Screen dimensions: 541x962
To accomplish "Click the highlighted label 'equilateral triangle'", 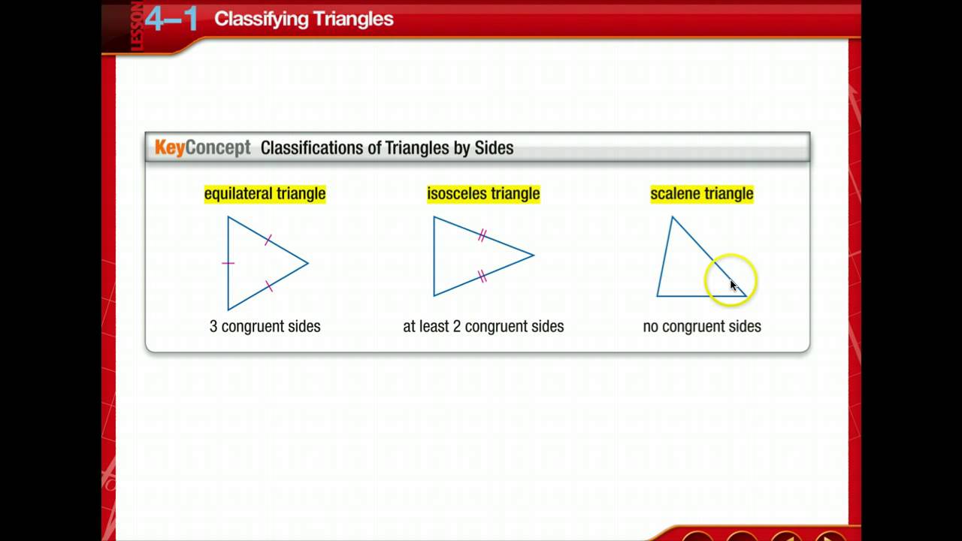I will pyautogui.click(x=265, y=194).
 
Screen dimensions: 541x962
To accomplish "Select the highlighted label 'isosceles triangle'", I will pyautogui.click(x=483, y=194).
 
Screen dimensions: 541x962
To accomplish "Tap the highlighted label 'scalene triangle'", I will pyautogui.click(x=701, y=194).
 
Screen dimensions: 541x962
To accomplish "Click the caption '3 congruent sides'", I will pyautogui.click(x=265, y=326).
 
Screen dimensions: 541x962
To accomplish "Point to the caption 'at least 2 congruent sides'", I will pyautogui.click(x=483, y=326).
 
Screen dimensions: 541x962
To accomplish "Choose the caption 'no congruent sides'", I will pyautogui.click(x=702, y=326).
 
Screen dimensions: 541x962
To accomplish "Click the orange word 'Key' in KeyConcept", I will pyautogui.click(x=169, y=147).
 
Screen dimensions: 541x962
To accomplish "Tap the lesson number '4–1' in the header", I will pyautogui.click(x=171, y=19).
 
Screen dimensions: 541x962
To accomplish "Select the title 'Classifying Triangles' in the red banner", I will pyautogui.click(x=304, y=20).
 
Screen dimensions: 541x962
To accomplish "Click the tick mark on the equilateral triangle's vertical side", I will pyautogui.click(x=228, y=263).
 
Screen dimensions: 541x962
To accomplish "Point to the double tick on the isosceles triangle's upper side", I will pyautogui.click(x=483, y=236).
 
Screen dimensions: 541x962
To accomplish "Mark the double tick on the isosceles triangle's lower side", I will pyautogui.click(x=483, y=277).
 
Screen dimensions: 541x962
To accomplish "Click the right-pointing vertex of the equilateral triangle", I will pyautogui.click(x=308, y=263).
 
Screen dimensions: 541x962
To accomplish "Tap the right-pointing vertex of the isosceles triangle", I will pyautogui.click(x=534, y=255).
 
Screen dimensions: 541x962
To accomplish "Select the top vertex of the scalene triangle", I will pyautogui.click(x=672, y=217).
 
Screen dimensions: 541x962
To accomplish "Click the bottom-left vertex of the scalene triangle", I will pyautogui.click(x=658, y=295).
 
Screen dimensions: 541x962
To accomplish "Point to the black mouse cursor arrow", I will pyautogui.click(x=734, y=286).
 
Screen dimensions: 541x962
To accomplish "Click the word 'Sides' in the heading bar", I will pyautogui.click(x=494, y=147).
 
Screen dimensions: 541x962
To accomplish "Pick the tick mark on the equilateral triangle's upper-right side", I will pyautogui.click(x=268, y=240).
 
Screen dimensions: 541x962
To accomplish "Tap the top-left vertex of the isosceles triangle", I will pyautogui.click(x=434, y=217).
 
